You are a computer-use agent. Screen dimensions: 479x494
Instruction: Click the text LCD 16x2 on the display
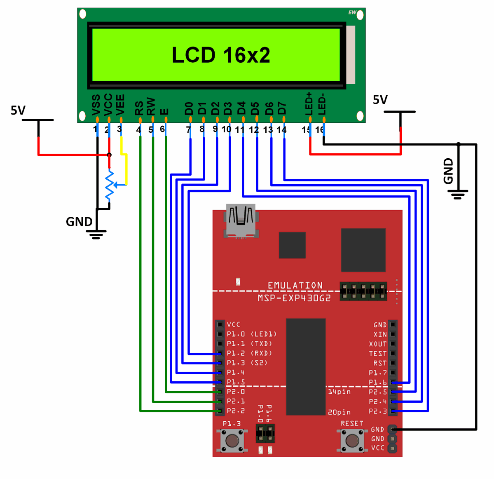[x=221, y=55]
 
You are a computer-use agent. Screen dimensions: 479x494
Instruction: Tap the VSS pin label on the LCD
[x=96, y=105]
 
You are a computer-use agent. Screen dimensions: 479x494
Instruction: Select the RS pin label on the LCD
[x=139, y=108]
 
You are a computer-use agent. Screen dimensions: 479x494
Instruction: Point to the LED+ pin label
[x=309, y=103]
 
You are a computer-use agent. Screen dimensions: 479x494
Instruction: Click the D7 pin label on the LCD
[x=282, y=108]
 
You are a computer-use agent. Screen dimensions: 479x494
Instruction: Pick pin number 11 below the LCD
[x=240, y=130]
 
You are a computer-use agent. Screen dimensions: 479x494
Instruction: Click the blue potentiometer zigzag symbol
[x=109, y=186]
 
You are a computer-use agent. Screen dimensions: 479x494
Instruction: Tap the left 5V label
[x=18, y=110]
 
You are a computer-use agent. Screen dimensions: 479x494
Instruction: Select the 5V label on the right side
[x=380, y=100]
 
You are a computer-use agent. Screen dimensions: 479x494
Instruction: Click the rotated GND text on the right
[x=448, y=171]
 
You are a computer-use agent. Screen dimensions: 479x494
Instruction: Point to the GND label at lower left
[x=79, y=222]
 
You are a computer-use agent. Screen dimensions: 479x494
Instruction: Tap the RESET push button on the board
[x=352, y=440]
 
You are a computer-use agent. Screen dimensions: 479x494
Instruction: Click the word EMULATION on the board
[x=295, y=285]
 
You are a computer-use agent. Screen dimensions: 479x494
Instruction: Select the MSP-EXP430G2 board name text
[x=294, y=298]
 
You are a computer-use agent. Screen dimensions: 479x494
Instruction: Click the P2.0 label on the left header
[x=236, y=392]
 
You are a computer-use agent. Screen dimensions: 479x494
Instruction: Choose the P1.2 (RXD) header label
[x=249, y=353]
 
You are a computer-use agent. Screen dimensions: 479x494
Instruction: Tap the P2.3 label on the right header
[x=378, y=411]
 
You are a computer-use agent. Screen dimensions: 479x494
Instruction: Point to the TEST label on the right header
[x=378, y=354]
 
